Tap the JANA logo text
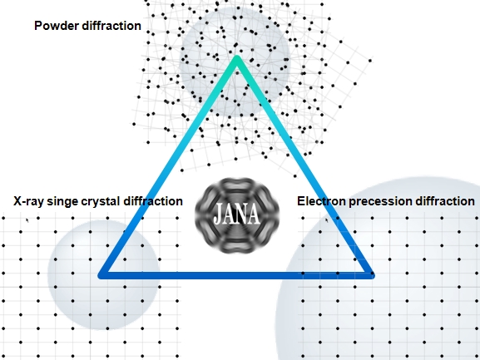point(237,214)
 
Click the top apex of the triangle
point(236,57)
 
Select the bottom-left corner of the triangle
point(100,275)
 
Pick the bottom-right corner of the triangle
point(373,275)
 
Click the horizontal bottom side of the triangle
point(236,275)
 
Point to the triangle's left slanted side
point(169,165)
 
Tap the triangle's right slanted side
point(304,165)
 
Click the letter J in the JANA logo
point(218,215)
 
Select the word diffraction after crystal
point(153,201)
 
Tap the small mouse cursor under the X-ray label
point(27,220)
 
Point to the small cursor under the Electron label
point(327,220)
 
